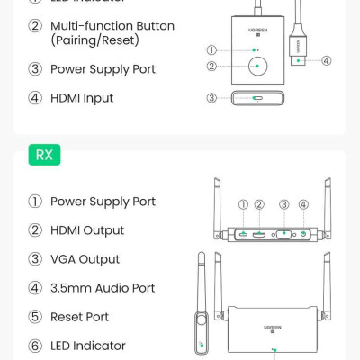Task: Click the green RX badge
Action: [x=44, y=155]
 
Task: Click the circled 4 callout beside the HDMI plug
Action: [x=326, y=61]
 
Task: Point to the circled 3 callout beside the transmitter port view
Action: [x=212, y=98]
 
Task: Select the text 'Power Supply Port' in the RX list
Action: [x=103, y=202]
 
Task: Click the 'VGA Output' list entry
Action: [x=85, y=259]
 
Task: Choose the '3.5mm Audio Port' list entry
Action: [x=103, y=288]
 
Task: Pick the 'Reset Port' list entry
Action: [x=81, y=317]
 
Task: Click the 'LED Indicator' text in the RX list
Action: [x=88, y=346]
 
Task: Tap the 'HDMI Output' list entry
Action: [x=87, y=230]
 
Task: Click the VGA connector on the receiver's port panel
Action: [x=284, y=234]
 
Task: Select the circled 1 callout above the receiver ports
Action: [x=244, y=205]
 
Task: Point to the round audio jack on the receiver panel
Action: [x=303, y=234]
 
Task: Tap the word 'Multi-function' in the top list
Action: [x=93, y=26]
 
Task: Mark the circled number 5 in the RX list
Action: [x=35, y=317]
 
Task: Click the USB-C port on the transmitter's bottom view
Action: [x=257, y=98]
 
